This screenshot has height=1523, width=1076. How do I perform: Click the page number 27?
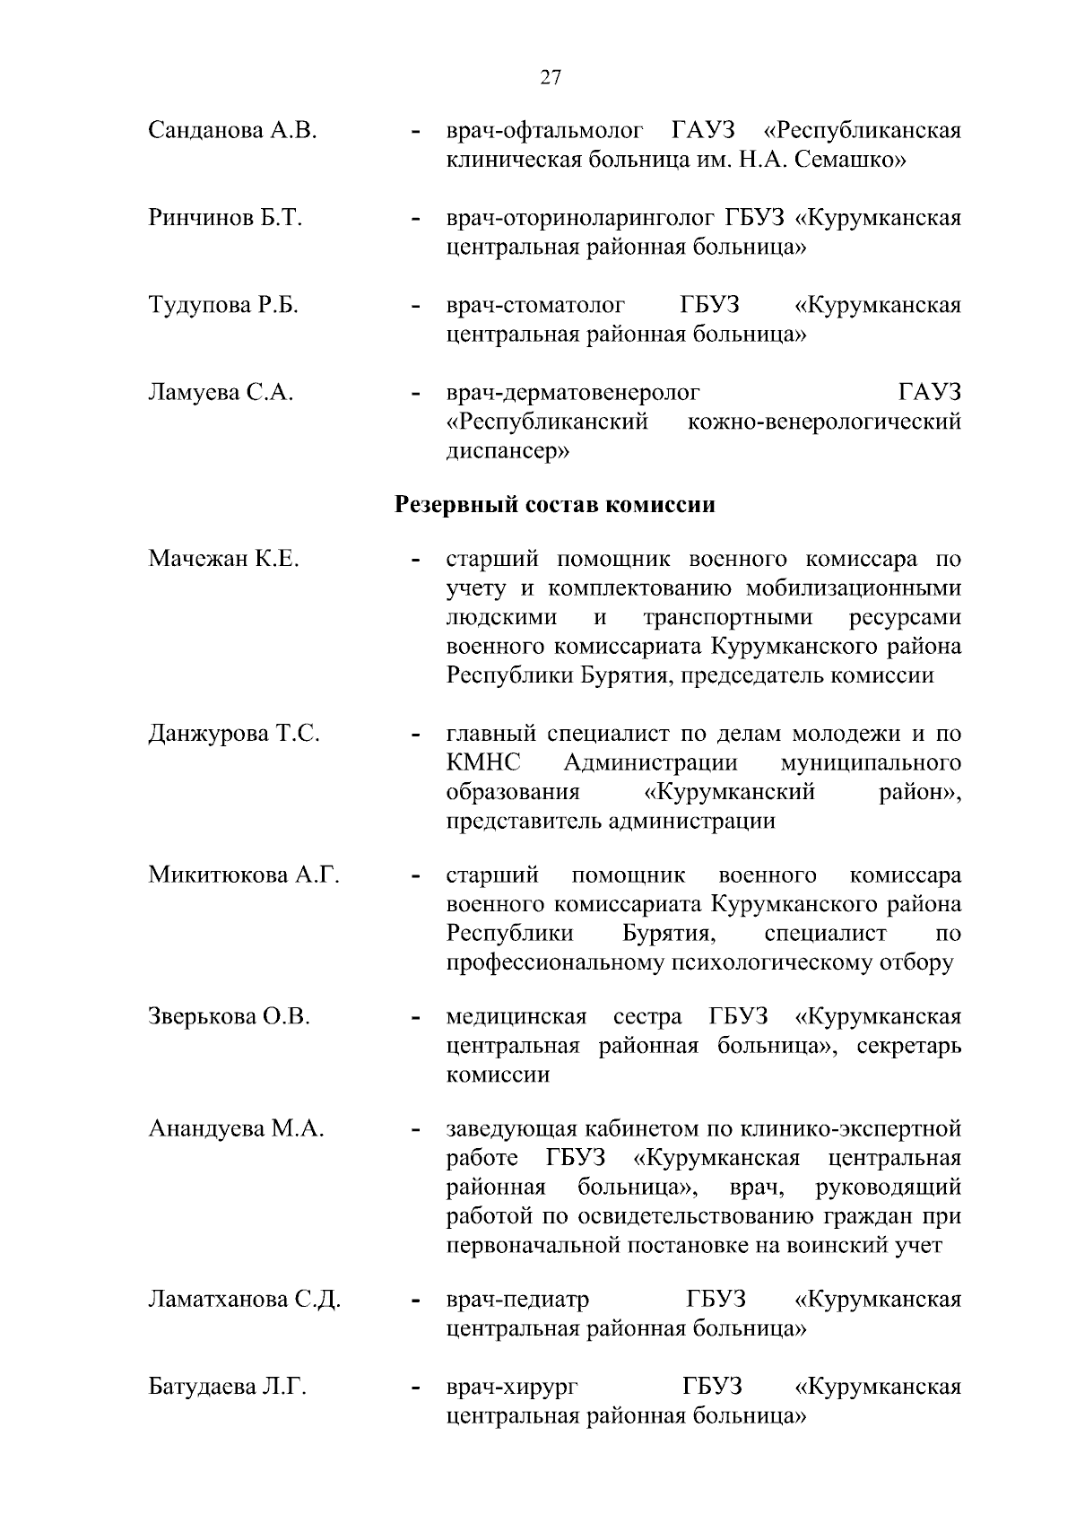pos(551,77)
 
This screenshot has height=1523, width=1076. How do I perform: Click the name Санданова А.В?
pos(233,131)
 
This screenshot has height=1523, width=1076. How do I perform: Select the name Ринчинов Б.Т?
pos(224,218)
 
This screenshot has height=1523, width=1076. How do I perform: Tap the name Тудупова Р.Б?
pos(223,305)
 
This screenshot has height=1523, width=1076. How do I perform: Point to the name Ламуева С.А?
pos(221,392)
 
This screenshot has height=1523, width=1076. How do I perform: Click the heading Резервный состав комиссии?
pos(555,505)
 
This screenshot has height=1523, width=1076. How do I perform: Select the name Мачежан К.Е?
pos(223,560)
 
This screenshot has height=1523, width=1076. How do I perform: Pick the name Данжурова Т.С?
pos(234,734)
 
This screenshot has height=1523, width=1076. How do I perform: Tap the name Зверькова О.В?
pos(230,1017)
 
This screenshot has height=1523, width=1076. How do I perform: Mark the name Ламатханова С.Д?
pos(245,1300)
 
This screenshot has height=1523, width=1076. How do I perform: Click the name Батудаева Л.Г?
pos(228,1387)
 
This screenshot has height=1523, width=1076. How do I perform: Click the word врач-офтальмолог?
pos(545,131)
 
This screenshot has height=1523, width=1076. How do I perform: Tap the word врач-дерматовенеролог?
pos(573,392)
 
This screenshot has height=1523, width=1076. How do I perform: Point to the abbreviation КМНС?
pos(483,763)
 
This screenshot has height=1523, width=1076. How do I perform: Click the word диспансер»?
pos(507,451)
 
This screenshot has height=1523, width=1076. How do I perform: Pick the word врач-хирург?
pos(512,1388)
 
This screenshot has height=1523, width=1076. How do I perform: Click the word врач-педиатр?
pos(518,1300)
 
